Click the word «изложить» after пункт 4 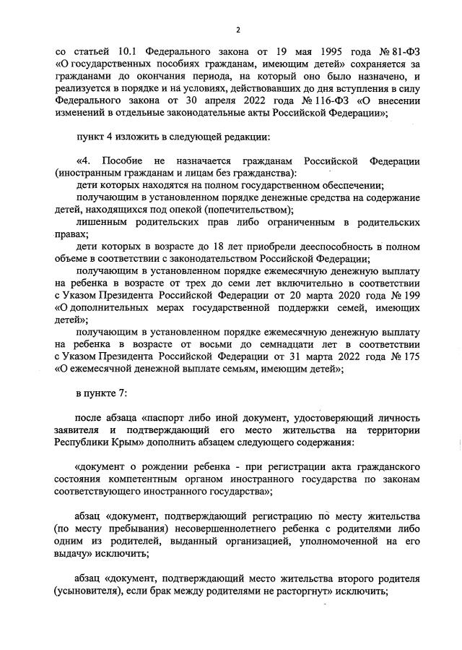coord(141,138)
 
